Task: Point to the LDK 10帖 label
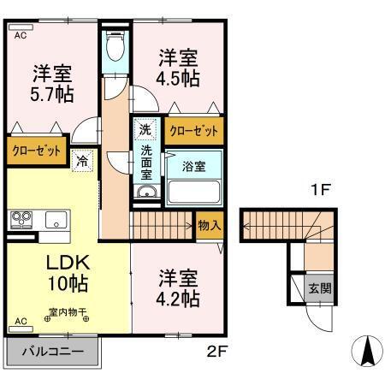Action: tap(61, 271)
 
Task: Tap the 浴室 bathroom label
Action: tap(193, 166)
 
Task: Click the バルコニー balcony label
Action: tap(52, 352)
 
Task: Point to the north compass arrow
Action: tap(365, 350)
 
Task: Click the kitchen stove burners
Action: tap(20, 220)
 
